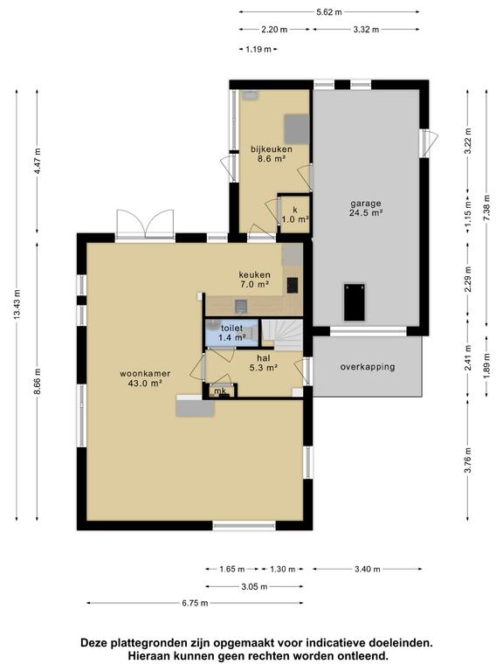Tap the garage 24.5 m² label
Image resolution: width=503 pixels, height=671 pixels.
(366, 208)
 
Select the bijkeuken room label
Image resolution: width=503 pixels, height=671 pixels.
(272, 154)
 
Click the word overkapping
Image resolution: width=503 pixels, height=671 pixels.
(368, 367)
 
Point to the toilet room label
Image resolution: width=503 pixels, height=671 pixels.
(231, 333)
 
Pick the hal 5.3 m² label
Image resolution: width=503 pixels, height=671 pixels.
(264, 363)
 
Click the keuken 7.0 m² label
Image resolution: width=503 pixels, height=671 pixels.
(254, 279)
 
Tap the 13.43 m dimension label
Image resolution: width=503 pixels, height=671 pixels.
(17, 304)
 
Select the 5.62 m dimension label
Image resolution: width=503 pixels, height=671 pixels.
(329, 12)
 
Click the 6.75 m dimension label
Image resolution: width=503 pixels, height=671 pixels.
(195, 603)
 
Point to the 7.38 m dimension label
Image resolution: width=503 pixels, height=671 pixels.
(486, 208)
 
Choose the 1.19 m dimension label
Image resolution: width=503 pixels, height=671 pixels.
(258, 49)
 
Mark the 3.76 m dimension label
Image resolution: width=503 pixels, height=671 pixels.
(469, 460)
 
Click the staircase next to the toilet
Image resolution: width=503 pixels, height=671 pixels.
(282, 335)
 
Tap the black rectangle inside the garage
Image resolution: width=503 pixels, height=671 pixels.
(355, 301)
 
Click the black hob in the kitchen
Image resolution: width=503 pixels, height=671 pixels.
(293, 286)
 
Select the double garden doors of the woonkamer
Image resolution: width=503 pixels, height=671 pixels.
(146, 224)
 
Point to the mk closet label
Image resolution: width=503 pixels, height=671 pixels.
(220, 391)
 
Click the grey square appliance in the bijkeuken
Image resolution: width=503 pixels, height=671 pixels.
(297, 129)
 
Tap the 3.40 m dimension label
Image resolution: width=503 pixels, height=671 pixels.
(368, 569)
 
